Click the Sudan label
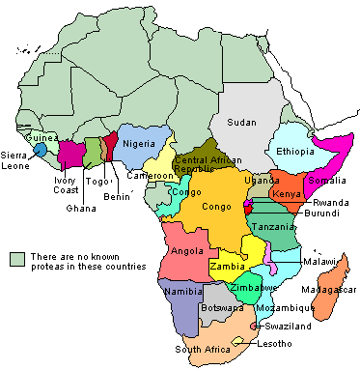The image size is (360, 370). pos(241,122)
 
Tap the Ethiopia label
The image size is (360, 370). pos(295,152)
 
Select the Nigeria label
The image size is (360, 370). pos(139,144)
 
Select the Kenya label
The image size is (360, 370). pos(288,193)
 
